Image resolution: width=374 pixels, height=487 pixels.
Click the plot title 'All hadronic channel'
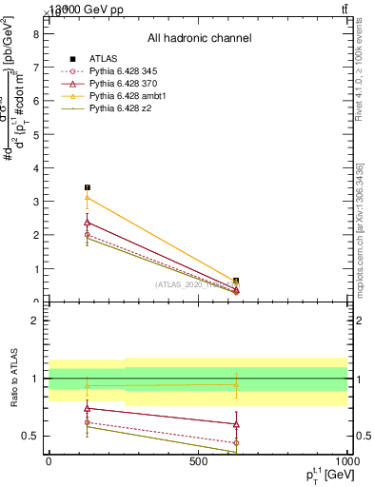point(199,39)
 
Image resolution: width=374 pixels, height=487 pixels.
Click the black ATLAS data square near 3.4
point(88,187)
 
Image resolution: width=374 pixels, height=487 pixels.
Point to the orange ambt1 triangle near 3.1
point(88,198)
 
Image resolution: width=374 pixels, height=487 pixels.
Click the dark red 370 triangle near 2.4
point(88,222)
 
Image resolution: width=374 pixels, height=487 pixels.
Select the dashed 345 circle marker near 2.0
point(88,234)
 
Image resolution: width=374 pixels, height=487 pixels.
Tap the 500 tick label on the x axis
point(198,460)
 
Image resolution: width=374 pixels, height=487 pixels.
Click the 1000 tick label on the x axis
point(346,460)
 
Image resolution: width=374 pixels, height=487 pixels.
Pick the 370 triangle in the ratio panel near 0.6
point(236,424)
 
